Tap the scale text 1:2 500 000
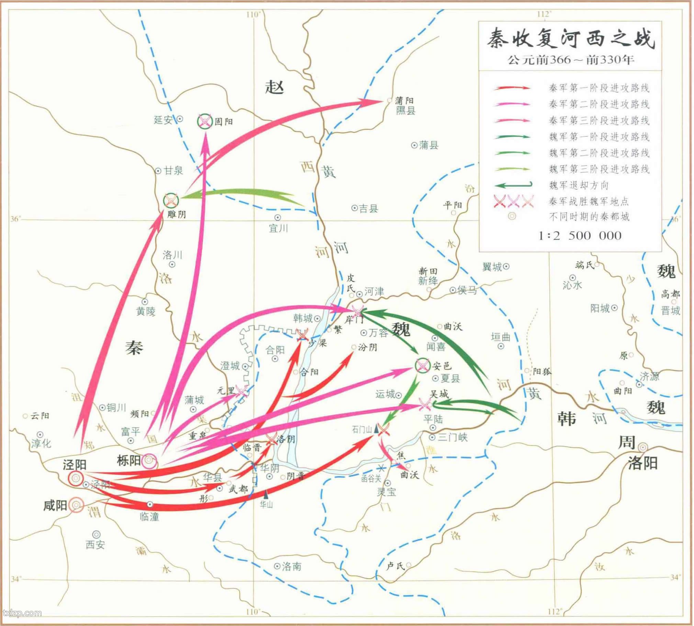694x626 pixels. pyautogui.click(x=580, y=236)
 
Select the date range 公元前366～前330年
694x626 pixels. pyautogui.click(x=570, y=60)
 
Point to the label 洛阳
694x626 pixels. pyautogui.click(x=642, y=463)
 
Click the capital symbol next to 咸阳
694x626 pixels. pyautogui.click(x=76, y=505)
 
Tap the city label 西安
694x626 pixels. pyautogui.click(x=96, y=544)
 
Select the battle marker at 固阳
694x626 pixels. pyautogui.click(x=204, y=121)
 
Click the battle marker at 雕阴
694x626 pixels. pyautogui.click(x=171, y=200)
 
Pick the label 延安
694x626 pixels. pyautogui.click(x=163, y=120)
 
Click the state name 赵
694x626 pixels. pyautogui.click(x=275, y=87)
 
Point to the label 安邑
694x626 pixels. pyautogui.click(x=442, y=366)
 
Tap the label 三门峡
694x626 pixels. pyautogui.click(x=452, y=438)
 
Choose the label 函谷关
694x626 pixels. pyautogui.click(x=371, y=478)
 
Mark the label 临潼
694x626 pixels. pyautogui.click(x=149, y=516)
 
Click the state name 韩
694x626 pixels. pyautogui.click(x=566, y=419)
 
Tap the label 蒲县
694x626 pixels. pyautogui.click(x=428, y=145)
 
